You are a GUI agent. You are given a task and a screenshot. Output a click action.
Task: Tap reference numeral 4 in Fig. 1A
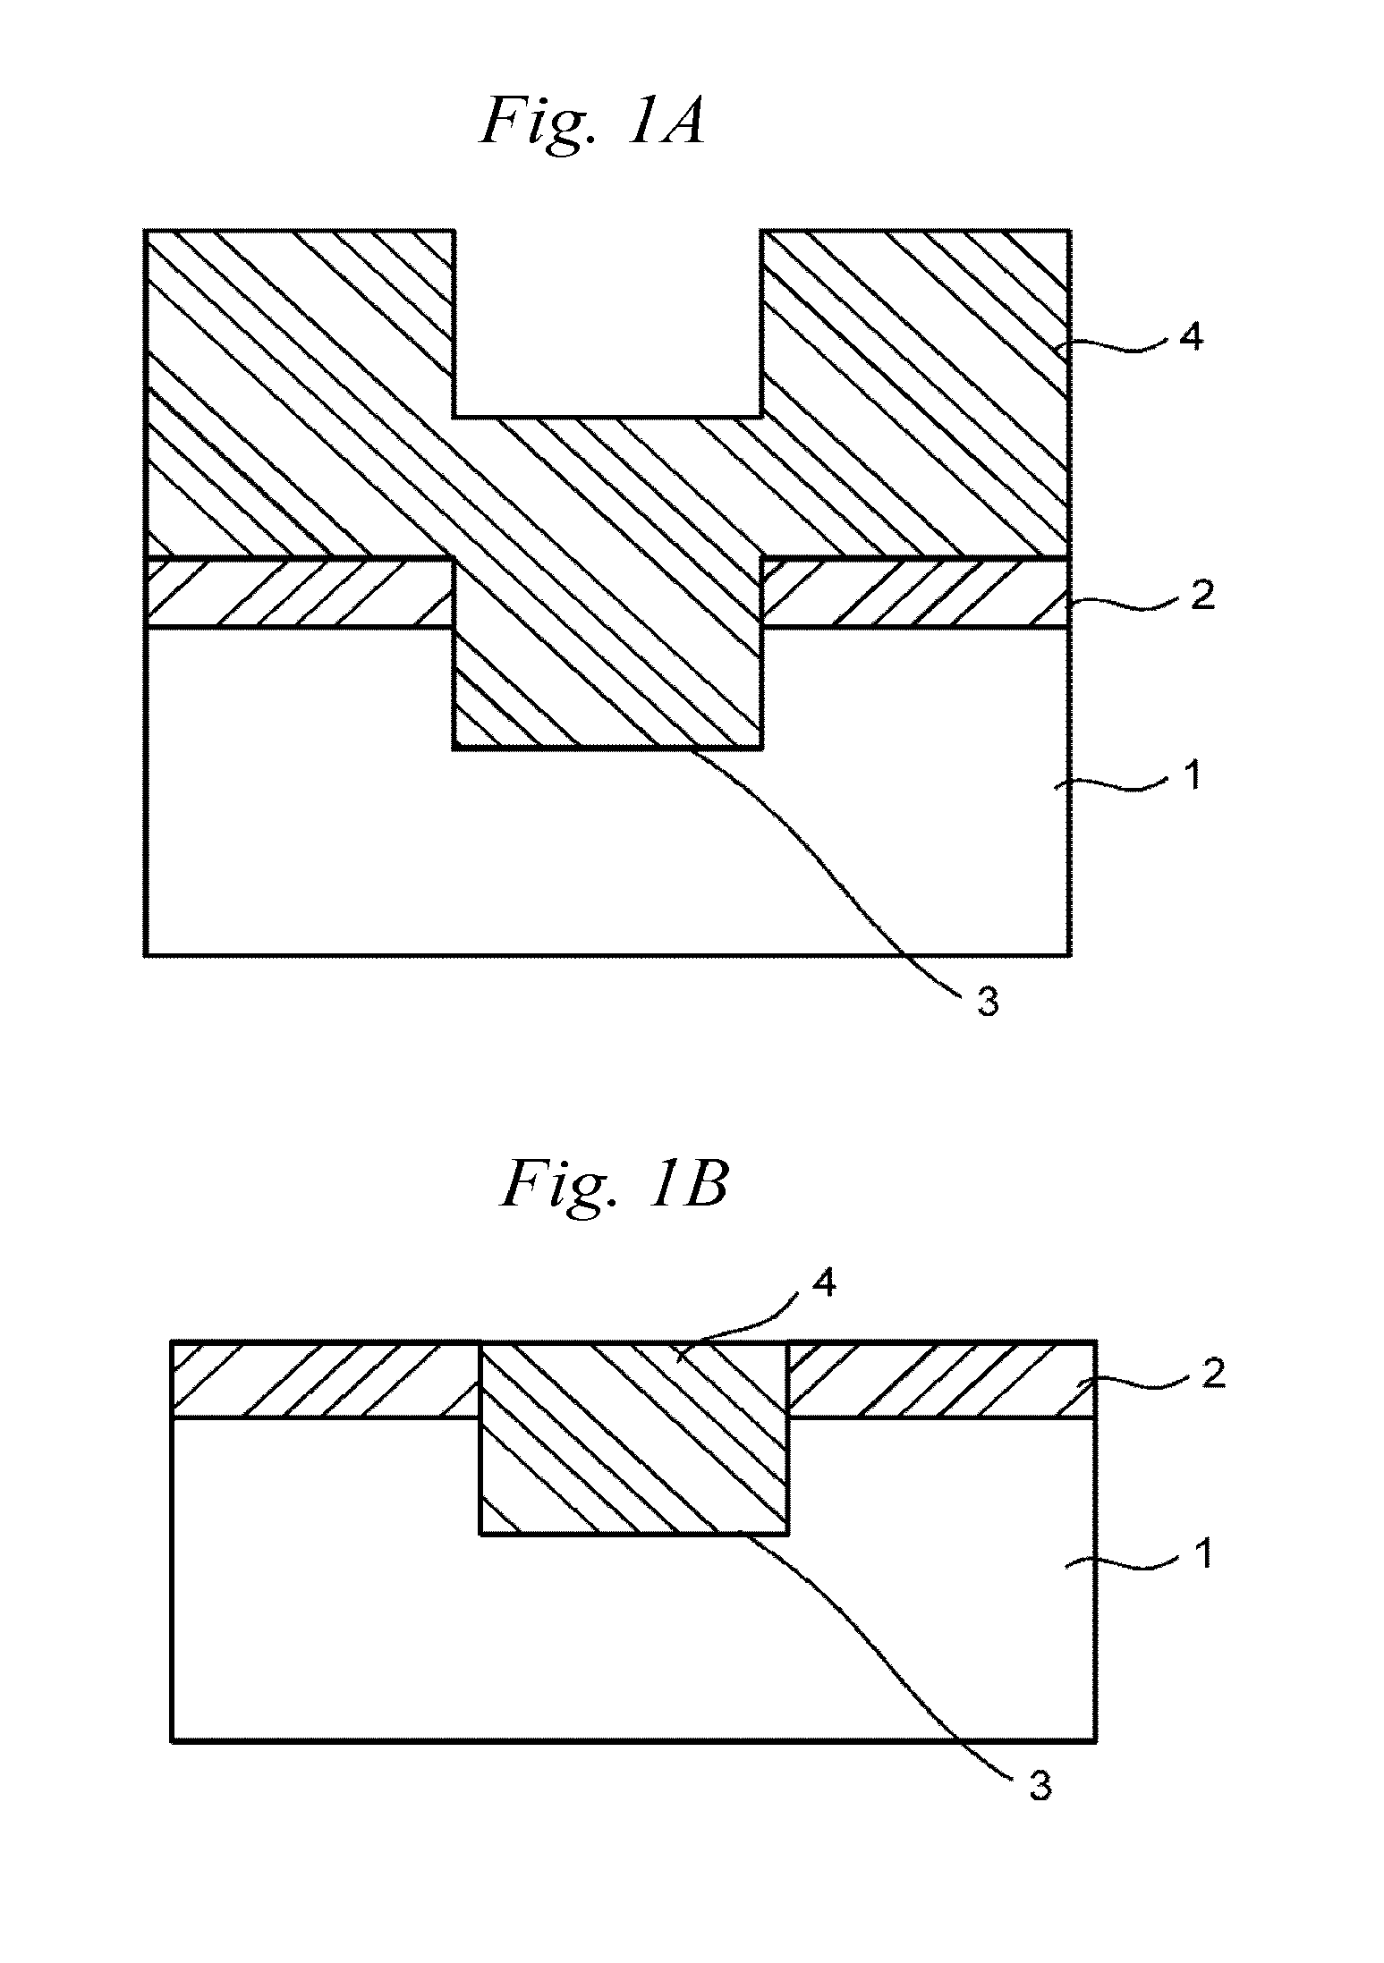[x=1192, y=340]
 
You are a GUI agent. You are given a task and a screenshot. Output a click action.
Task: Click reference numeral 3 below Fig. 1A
[x=987, y=1003]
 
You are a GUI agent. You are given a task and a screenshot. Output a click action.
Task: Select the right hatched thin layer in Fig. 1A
[x=914, y=593]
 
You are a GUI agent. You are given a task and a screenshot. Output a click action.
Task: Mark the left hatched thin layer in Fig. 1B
[x=325, y=1380]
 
